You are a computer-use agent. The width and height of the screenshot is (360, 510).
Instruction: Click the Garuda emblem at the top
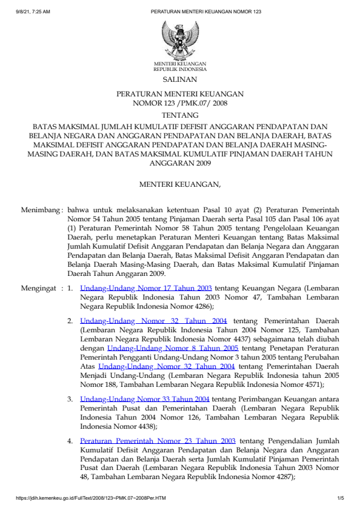click(x=179, y=39)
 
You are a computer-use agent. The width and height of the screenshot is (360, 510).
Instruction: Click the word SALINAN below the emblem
click(x=179, y=79)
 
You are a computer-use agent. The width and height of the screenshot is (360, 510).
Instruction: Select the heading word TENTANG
click(x=179, y=115)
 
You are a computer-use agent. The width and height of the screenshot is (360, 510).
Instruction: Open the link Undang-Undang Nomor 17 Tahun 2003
click(x=145, y=289)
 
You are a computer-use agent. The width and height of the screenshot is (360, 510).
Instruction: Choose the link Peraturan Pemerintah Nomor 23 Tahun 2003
click(x=158, y=441)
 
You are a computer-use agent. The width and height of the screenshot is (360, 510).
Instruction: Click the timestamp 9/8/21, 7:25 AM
click(x=33, y=12)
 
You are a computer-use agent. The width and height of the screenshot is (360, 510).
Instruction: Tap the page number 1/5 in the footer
click(x=340, y=498)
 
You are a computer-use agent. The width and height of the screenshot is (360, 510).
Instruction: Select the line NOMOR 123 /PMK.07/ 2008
click(x=179, y=103)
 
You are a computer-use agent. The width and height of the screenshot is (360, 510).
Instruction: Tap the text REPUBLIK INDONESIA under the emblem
click(x=180, y=69)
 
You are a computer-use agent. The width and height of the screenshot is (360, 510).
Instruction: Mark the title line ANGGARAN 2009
click(x=179, y=163)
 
